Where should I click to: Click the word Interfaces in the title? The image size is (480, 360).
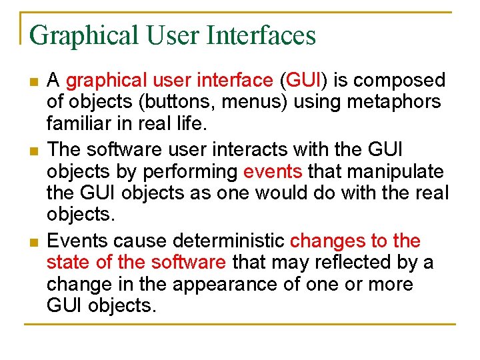tap(261, 35)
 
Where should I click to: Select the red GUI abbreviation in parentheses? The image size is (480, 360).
tap(303, 81)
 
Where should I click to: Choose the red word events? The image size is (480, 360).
tap(273, 171)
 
